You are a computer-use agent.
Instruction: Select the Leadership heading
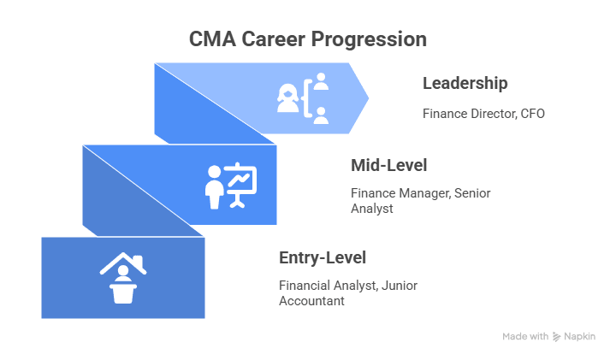tap(465, 84)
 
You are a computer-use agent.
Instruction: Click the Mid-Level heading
tap(388, 165)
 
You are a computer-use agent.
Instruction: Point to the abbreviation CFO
tap(530, 113)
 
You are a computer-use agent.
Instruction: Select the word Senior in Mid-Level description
tap(473, 193)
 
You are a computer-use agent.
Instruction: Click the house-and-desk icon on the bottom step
tap(123, 278)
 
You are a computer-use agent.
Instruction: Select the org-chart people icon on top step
tap(303, 98)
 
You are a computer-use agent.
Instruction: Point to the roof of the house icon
tap(123, 262)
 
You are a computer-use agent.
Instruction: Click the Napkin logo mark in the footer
tap(557, 337)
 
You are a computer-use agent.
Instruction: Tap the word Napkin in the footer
tap(580, 337)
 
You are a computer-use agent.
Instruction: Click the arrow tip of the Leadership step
tap(366, 98)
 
